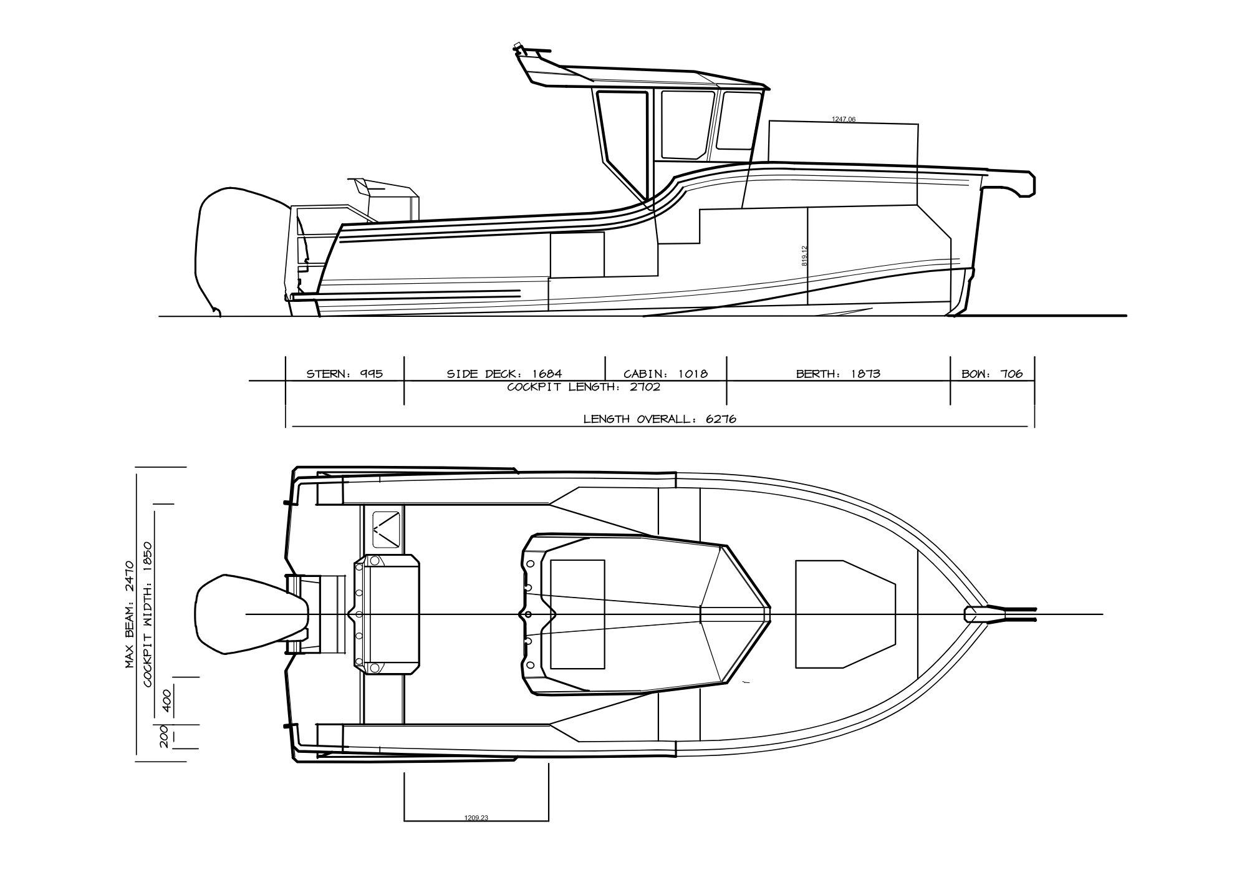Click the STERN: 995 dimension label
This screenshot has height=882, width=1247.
(344, 374)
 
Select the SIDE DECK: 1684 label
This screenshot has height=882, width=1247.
(504, 374)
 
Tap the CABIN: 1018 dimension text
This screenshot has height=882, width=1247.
(666, 374)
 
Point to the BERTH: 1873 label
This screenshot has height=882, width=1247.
(838, 374)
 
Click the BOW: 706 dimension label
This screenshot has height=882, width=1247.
(992, 374)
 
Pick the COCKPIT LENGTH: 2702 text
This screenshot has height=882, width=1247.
(584, 387)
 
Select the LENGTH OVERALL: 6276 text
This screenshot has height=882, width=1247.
(660, 419)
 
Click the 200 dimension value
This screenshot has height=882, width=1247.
(165, 737)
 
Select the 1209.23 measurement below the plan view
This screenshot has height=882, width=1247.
(476, 818)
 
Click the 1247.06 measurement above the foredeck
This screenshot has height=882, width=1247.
(844, 119)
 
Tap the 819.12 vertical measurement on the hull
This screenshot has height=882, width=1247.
(804, 256)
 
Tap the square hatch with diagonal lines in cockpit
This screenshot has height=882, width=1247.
(387, 528)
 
